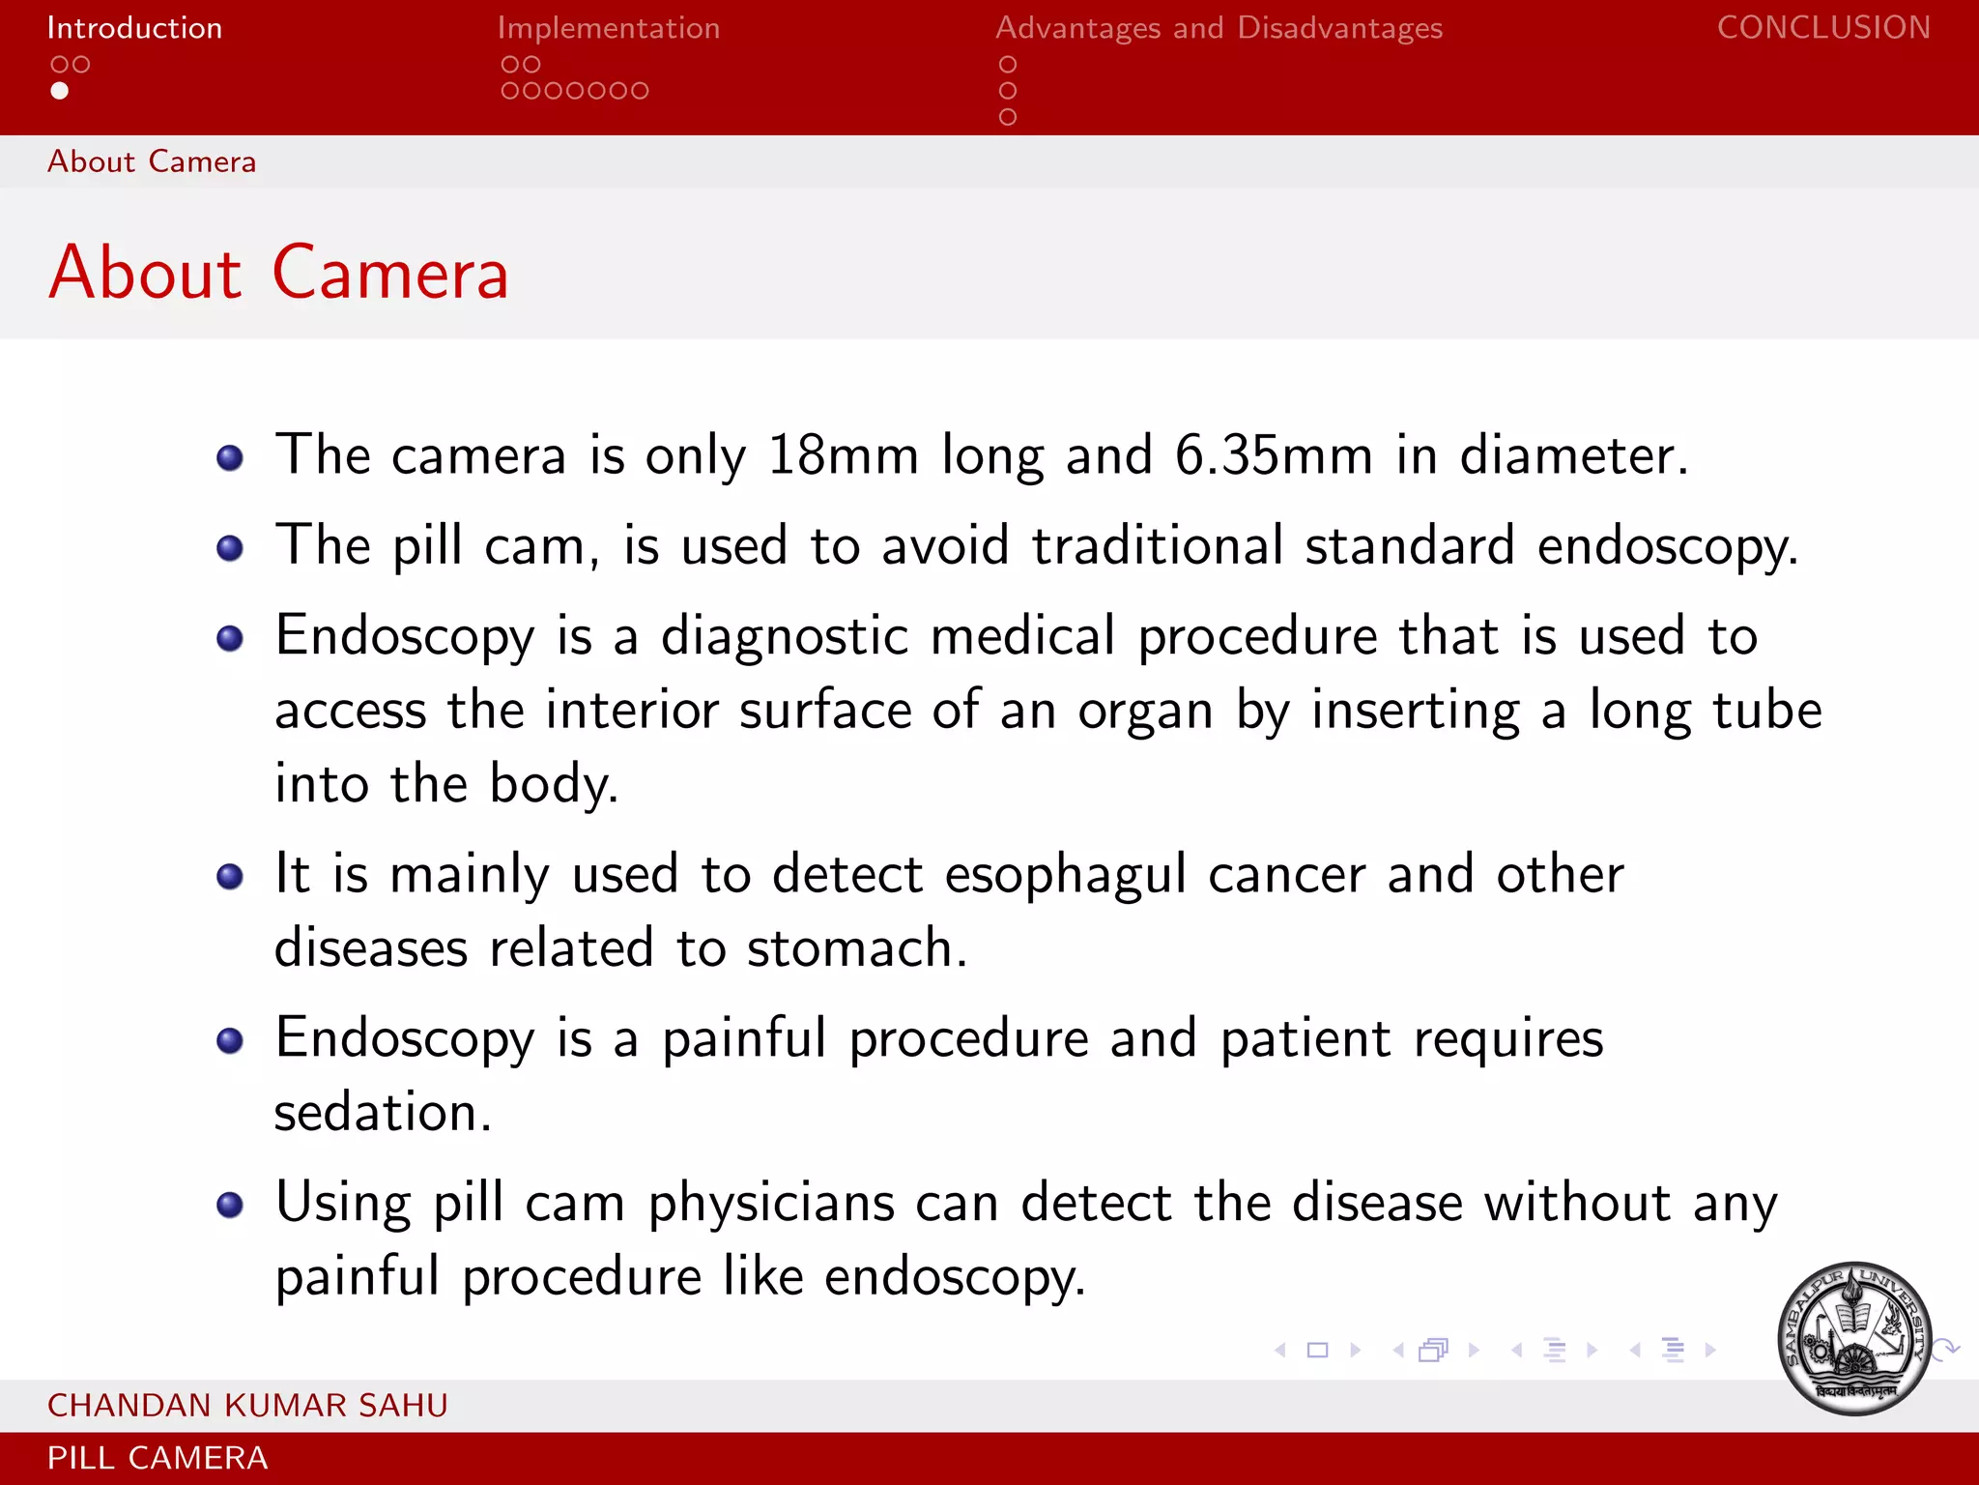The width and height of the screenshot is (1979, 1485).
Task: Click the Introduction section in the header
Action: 134,28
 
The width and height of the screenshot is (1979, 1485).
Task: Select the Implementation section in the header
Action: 608,28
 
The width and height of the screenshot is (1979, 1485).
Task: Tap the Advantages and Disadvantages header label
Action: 1219,28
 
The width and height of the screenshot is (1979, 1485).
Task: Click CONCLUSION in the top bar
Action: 1823,28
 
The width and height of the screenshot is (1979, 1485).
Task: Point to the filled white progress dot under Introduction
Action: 60,91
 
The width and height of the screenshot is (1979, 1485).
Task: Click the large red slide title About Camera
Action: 278,274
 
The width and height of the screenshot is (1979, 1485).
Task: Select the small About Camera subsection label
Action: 152,161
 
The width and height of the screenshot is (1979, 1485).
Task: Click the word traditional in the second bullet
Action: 1158,545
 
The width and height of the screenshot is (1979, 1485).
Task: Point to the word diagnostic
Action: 784,637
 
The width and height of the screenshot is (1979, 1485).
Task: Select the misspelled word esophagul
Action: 1065,876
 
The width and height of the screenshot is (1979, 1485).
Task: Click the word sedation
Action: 383,1113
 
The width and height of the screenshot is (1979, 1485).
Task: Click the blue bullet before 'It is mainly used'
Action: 230,877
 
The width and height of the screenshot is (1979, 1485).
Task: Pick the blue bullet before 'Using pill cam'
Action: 230,1206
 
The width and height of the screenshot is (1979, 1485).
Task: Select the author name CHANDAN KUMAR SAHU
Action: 247,1405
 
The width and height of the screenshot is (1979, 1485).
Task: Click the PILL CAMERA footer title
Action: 158,1458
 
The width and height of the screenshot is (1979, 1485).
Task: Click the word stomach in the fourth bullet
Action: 856,948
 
